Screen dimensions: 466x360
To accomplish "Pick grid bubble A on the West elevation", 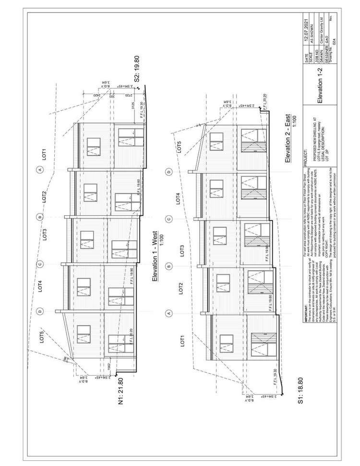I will click(x=40, y=170).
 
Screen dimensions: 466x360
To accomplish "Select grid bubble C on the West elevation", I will click(x=40, y=263).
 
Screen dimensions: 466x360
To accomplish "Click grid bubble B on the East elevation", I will click(x=169, y=266).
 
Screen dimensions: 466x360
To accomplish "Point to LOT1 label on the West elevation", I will click(x=44, y=154).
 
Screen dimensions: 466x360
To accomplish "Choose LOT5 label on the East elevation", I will click(x=179, y=147).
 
